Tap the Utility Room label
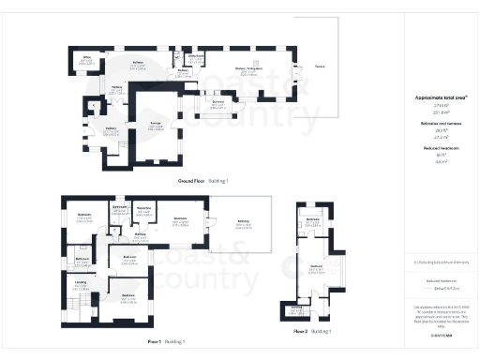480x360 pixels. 196,57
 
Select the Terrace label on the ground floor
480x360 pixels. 321,67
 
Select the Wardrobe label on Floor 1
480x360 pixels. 144,208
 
